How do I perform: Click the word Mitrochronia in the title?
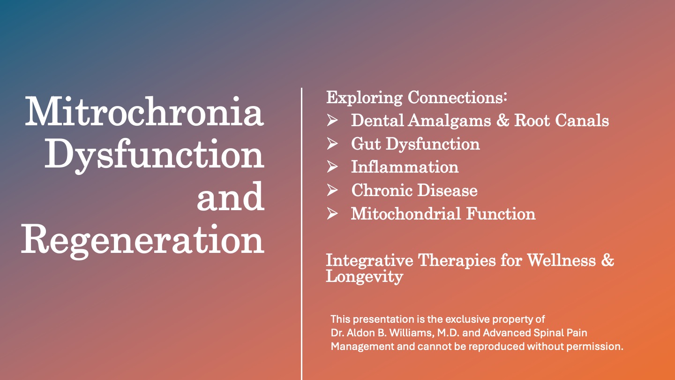[144, 111]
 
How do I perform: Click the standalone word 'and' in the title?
[231, 196]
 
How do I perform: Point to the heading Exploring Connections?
[417, 98]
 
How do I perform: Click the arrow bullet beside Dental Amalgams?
[332, 120]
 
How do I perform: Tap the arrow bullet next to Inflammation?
[332, 167]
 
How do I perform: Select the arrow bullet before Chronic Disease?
[332, 190]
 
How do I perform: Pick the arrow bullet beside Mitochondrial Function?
[332, 213]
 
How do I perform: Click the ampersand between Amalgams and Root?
[502, 120]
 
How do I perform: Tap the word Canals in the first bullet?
[582, 120]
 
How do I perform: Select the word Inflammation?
[405, 167]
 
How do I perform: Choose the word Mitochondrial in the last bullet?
[405, 213]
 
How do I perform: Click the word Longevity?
[364, 277]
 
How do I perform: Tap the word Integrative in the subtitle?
[369, 260]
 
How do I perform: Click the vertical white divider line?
[302, 234]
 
